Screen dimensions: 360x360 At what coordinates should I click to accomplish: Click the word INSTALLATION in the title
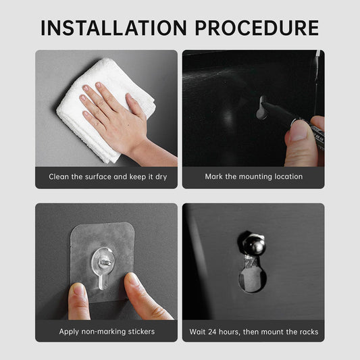pos(113,28)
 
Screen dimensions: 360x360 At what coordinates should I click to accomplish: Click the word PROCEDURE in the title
pos(257,28)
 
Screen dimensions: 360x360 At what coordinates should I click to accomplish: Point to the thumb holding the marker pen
pos(299,143)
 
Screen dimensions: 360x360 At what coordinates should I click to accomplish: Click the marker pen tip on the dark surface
pos(261,108)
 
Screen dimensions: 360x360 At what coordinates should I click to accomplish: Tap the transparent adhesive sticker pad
pos(102,262)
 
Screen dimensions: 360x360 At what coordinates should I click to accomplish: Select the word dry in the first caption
pos(161,177)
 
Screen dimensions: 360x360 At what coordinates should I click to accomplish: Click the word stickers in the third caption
pos(141,332)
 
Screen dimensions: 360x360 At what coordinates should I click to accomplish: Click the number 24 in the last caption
pos(212,332)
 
